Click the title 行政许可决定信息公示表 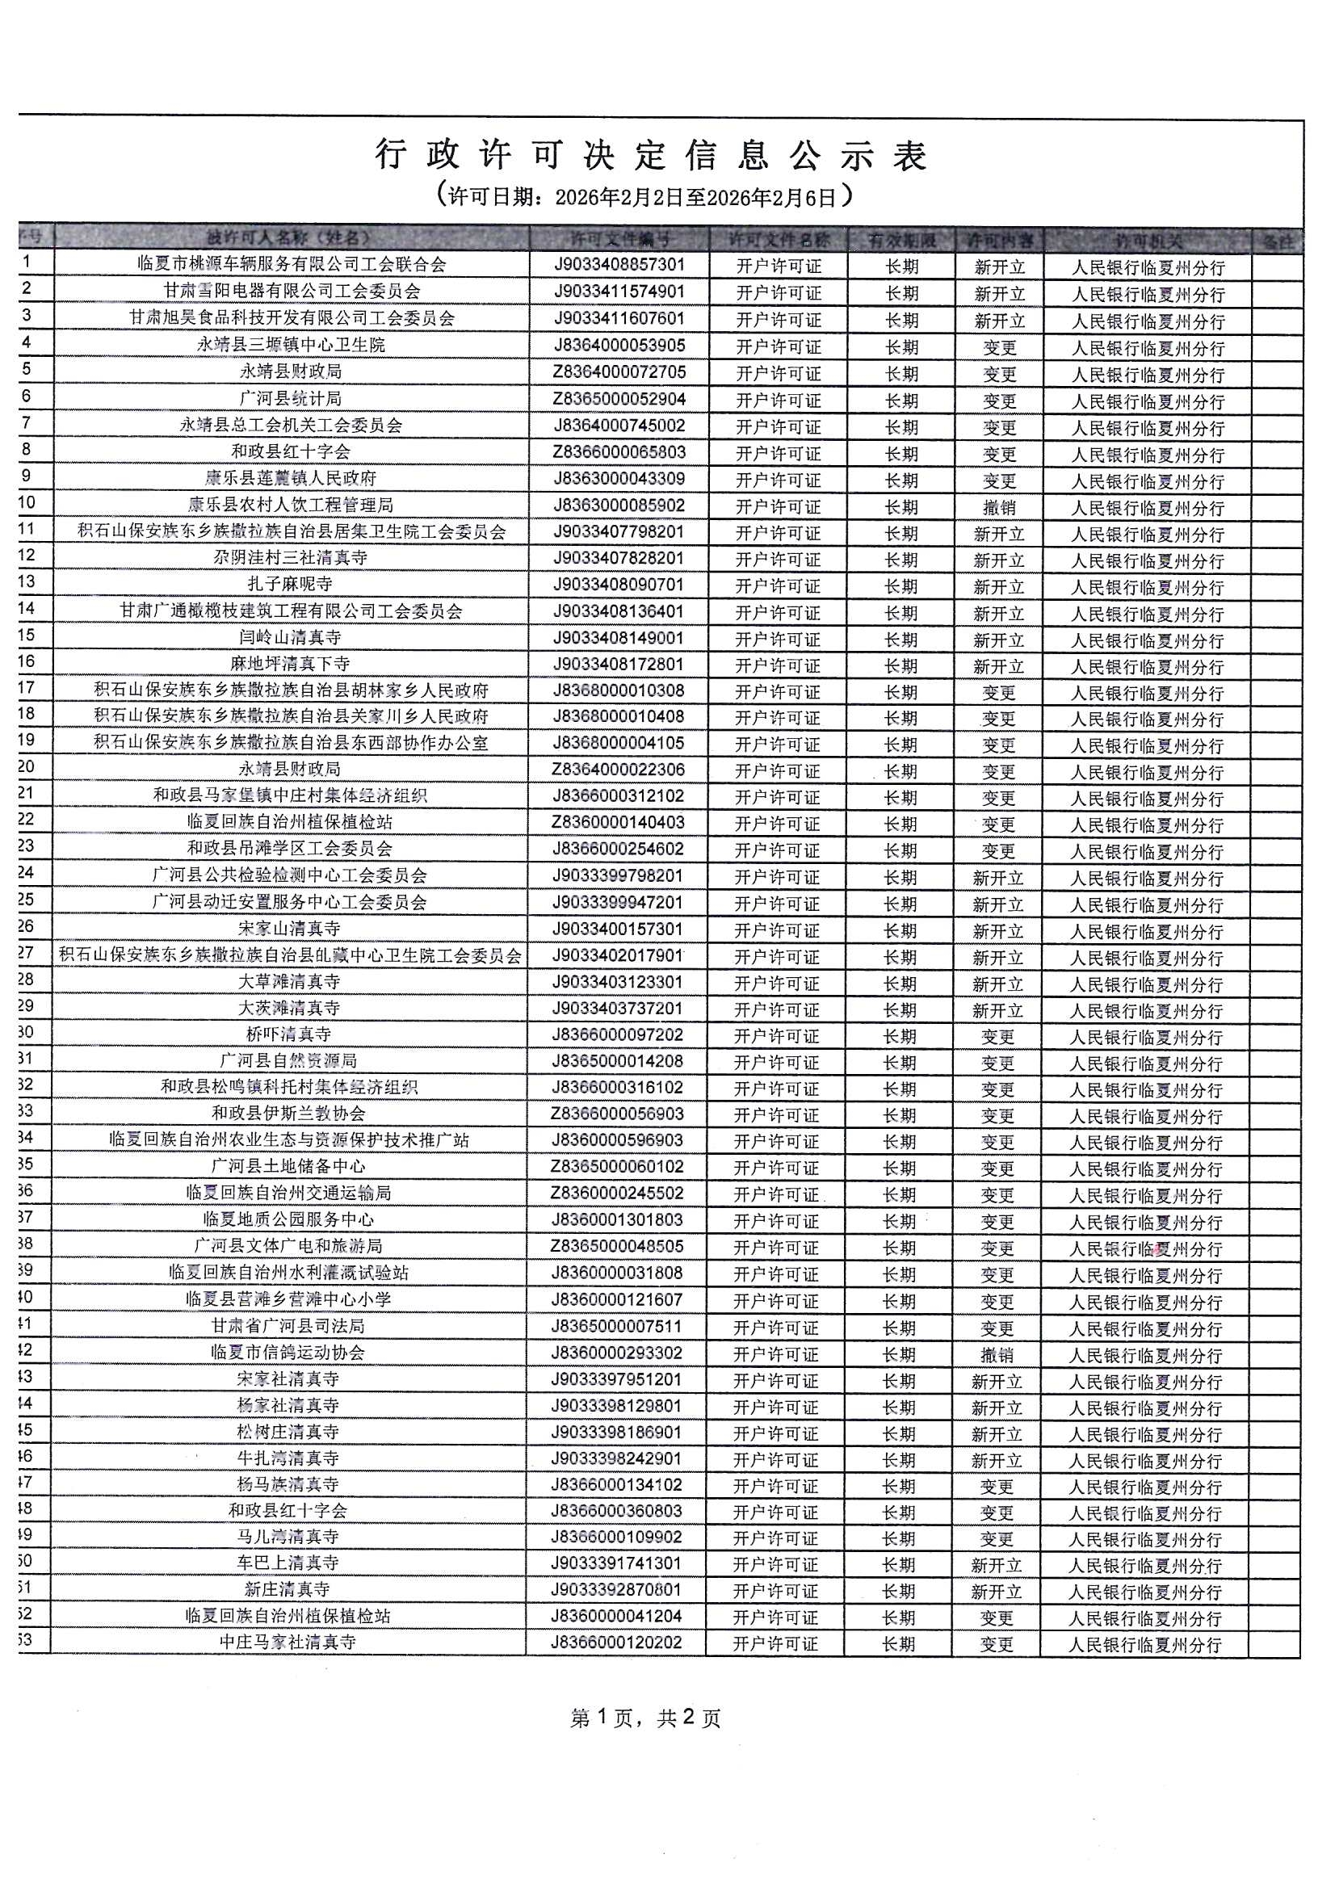(652, 155)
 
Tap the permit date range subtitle (644, 196)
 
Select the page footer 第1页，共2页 (646, 1718)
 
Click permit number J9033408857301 (619, 265)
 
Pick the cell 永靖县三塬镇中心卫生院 (292, 345)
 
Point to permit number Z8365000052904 (619, 399)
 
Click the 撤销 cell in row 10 (998, 507)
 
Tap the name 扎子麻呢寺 (291, 585)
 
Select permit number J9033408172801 (618, 665)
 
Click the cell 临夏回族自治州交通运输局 (288, 1194)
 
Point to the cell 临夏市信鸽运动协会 (288, 1353)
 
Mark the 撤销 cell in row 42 (997, 1355)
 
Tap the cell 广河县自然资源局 (288, 1061)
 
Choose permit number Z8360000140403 (618, 822)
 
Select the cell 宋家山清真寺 (290, 929)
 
